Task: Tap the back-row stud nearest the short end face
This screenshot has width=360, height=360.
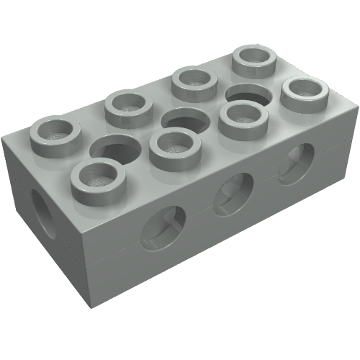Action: (x=54, y=132)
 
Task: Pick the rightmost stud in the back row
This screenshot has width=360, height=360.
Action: (x=256, y=60)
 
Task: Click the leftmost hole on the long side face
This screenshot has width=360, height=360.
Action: (x=162, y=229)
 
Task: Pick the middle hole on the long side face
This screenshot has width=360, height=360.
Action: (x=232, y=192)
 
